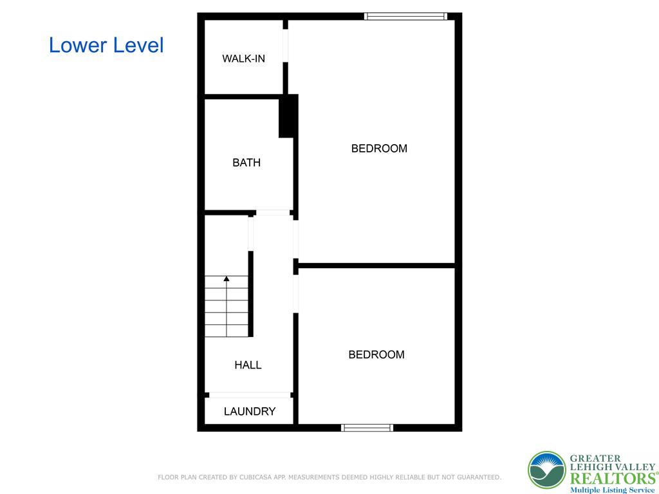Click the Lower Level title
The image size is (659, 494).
tap(106, 45)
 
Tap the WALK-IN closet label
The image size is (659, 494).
tap(243, 59)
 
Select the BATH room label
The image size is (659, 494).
tap(246, 163)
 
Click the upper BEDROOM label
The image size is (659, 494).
tap(379, 149)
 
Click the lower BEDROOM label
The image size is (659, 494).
tap(376, 354)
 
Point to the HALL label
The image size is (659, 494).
tap(248, 365)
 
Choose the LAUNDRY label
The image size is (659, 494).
tap(250, 412)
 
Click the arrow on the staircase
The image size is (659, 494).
tap(227, 279)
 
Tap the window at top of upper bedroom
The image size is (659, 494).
tap(405, 16)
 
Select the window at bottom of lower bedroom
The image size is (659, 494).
tap(367, 427)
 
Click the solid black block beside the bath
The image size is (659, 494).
tap(288, 116)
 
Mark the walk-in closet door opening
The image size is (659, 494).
tap(285, 46)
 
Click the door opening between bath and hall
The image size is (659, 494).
tap(273, 212)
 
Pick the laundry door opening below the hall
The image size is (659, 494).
tap(250, 395)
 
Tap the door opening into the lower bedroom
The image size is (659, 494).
tap(296, 293)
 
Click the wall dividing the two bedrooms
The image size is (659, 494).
tap(376, 264)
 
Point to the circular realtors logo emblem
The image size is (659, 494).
tap(546, 470)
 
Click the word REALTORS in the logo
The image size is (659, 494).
tap(611, 478)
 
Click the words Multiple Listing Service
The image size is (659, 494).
tap(612, 489)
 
